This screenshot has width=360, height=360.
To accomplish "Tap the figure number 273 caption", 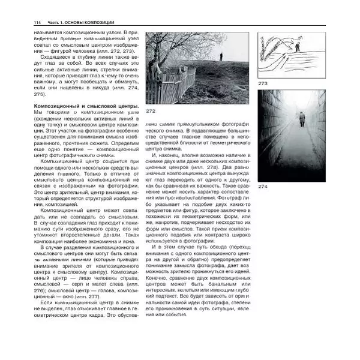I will [262, 83].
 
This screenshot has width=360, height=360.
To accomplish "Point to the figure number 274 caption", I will [263, 187].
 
